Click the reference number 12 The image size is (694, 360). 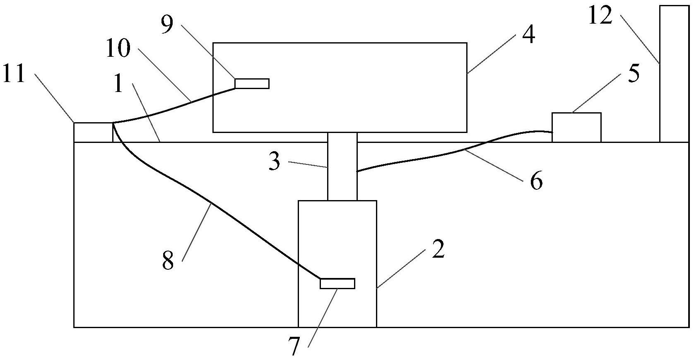600,16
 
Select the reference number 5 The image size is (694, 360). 634,73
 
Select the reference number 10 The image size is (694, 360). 118,49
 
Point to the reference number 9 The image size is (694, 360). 167,24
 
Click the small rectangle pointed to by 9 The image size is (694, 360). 252,84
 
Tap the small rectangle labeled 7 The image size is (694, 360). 337,283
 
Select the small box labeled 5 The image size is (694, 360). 576,128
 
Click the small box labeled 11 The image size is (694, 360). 93,133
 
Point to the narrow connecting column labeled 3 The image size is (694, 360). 342,167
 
